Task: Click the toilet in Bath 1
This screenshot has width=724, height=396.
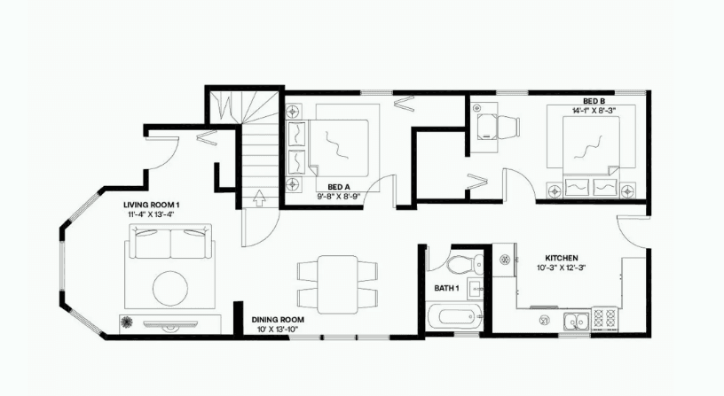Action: pyautogui.click(x=465, y=264)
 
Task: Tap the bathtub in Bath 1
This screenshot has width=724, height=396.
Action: pyautogui.click(x=455, y=316)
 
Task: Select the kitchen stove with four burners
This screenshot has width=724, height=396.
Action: pyautogui.click(x=604, y=319)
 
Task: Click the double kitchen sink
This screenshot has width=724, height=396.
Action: pyautogui.click(x=576, y=320)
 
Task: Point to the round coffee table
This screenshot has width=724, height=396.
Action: pyautogui.click(x=170, y=288)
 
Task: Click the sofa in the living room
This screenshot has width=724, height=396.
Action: pyautogui.click(x=170, y=241)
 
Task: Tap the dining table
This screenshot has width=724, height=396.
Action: pyautogui.click(x=337, y=284)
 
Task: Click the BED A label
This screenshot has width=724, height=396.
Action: pyautogui.click(x=339, y=187)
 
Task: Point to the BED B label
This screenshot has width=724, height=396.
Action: pyautogui.click(x=594, y=101)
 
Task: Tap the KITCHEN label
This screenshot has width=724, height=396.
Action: pyautogui.click(x=562, y=258)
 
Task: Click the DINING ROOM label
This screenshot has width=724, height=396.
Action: pyautogui.click(x=278, y=320)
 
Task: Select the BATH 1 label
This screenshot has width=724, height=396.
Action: pyautogui.click(x=446, y=288)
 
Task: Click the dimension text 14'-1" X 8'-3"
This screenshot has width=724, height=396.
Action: pyautogui.click(x=594, y=110)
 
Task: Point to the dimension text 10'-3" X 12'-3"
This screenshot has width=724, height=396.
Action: pyautogui.click(x=562, y=268)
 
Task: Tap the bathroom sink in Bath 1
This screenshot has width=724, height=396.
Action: pyautogui.click(x=476, y=289)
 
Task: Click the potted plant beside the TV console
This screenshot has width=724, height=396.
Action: pyautogui.click(x=127, y=322)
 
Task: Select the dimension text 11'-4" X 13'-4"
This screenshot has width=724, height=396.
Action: pyautogui.click(x=151, y=214)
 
